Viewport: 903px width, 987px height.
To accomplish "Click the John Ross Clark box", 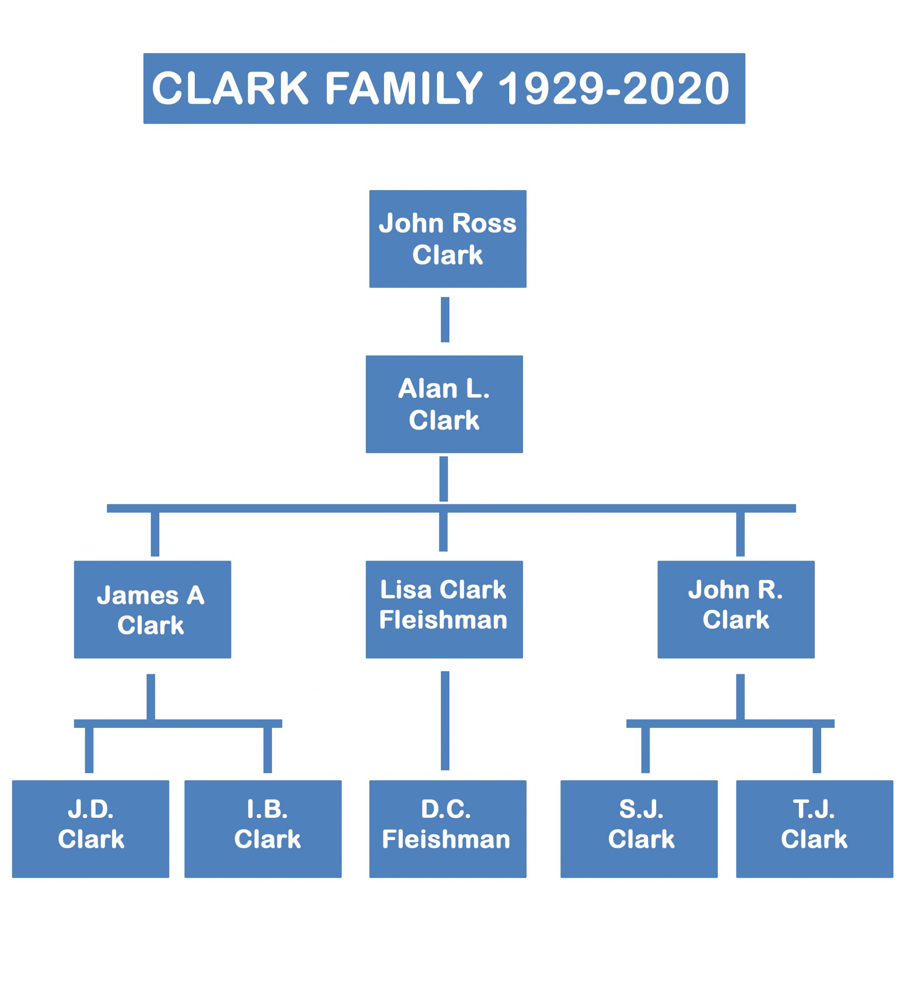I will (x=447, y=239).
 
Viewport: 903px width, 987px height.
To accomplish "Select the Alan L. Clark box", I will (x=444, y=404).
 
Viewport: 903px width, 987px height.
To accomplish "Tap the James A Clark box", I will (x=152, y=610).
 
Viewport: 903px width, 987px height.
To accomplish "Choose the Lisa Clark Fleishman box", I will (x=444, y=610).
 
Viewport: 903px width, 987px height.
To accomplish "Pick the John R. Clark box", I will (x=736, y=610).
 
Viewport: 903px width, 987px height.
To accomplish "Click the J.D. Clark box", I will (x=91, y=829).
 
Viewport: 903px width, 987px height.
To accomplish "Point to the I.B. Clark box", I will (x=263, y=829).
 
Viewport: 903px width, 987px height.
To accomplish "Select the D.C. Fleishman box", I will (x=447, y=829).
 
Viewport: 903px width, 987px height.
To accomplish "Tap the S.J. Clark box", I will (x=639, y=829).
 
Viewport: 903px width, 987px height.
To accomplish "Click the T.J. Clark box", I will (x=814, y=829).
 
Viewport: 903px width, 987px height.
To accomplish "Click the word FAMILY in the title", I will (x=404, y=89).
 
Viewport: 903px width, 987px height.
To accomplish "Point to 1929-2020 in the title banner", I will (x=614, y=89).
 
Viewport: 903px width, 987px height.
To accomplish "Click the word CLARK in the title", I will (x=230, y=89).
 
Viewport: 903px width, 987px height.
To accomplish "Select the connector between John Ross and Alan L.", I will (x=445, y=320).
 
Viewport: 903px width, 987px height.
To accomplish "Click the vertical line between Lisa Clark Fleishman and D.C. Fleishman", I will (x=445, y=721).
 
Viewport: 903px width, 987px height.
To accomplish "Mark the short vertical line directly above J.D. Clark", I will (x=89, y=750).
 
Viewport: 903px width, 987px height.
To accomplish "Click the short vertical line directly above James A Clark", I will (x=155, y=534).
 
